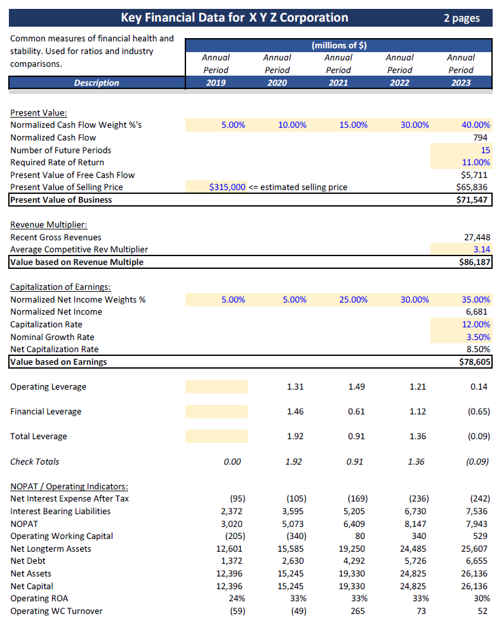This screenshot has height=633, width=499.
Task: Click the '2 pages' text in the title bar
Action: click(461, 18)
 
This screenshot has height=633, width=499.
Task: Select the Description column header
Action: click(96, 83)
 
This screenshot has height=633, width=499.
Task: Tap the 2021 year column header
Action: click(338, 83)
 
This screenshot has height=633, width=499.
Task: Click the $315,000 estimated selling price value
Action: click(227, 187)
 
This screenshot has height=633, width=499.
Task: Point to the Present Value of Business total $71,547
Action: click(474, 200)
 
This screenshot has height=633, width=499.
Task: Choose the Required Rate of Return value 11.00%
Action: click(475, 163)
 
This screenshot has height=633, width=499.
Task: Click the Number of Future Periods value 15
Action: click(485, 151)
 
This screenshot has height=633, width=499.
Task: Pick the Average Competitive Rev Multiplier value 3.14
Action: click(481, 250)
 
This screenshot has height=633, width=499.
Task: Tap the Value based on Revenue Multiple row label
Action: click(77, 262)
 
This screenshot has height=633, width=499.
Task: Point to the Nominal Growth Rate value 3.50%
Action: click(477, 337)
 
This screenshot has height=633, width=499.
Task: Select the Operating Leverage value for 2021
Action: click(356, 386)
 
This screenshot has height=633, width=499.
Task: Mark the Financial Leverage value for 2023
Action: click(479, 412)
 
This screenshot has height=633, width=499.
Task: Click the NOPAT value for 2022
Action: click(416, 524)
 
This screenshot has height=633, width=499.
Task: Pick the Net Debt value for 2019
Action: click(232, 561)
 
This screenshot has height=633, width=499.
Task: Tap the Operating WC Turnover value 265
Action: click(356, 611)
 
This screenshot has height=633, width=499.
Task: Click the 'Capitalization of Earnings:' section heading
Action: click(60, 287)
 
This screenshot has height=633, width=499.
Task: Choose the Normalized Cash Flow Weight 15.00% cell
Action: click(353, 125)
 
